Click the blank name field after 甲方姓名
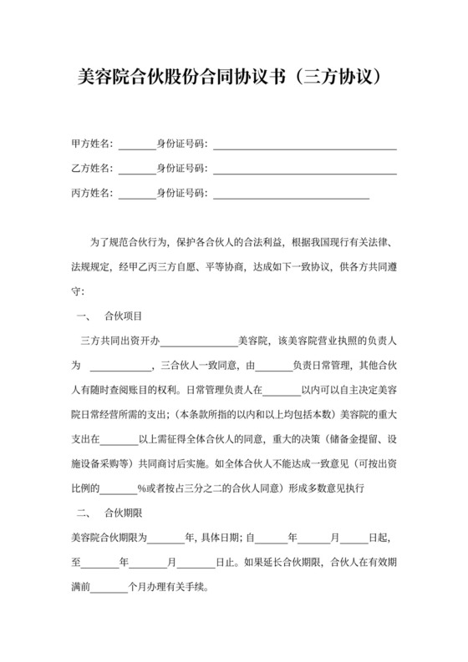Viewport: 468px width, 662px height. click(x=137, y=145)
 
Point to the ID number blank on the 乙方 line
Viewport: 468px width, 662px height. click(x=304, y=170)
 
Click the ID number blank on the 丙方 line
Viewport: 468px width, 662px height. click(x=291, y=195)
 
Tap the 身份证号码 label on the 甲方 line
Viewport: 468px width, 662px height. click(x=181, y=144)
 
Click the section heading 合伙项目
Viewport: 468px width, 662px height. click(x=122, y=316)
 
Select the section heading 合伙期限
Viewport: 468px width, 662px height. click(x=122, y=510)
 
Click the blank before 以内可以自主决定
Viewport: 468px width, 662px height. click(x=282, y=390)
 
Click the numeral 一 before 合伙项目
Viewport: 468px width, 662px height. click(x=81, y=316)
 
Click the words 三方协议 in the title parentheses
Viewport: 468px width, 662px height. click(x=338, y=78)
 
